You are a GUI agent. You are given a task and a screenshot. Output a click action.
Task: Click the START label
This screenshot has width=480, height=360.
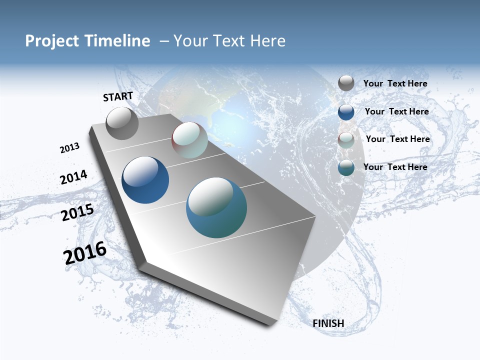tap(118, 96)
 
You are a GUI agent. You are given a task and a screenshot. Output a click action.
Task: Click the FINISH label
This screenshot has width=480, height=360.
tap(328, 323)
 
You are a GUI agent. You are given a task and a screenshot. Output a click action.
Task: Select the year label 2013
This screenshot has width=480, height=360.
tap(69, 148)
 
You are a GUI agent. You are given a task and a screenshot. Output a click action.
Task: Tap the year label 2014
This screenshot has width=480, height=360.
tap(73, 177)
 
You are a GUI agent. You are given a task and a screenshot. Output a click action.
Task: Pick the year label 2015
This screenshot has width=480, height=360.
tap(77, 212)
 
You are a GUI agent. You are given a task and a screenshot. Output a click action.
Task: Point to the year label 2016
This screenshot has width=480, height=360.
tap(85, 252)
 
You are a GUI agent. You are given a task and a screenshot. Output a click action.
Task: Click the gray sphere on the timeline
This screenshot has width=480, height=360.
tap(122, 123)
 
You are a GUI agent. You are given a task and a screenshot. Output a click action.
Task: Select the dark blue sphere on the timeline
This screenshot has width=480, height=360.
tap(145, 180)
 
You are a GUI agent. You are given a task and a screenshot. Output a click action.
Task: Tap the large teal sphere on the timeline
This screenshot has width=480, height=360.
tap(216, 207)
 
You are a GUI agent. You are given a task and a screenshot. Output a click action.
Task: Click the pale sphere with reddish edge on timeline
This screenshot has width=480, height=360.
tap(189, 140)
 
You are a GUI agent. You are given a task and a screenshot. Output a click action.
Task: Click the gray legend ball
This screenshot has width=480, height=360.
tap(346, 83)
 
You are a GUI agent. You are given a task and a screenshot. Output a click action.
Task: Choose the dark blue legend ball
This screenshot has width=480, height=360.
tap(346, 112)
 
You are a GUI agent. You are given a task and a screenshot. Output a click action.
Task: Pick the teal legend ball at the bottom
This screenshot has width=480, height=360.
tap(346, 167)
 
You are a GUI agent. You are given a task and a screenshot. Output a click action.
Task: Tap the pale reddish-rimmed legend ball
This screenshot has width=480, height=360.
tap(346, 140)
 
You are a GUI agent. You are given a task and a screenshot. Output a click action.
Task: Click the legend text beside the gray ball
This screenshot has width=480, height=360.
tap(395, 84)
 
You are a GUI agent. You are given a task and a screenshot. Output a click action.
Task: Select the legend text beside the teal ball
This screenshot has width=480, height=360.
tap(395, 167)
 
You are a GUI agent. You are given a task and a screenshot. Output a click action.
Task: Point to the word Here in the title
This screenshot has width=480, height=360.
tap(267, 41)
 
